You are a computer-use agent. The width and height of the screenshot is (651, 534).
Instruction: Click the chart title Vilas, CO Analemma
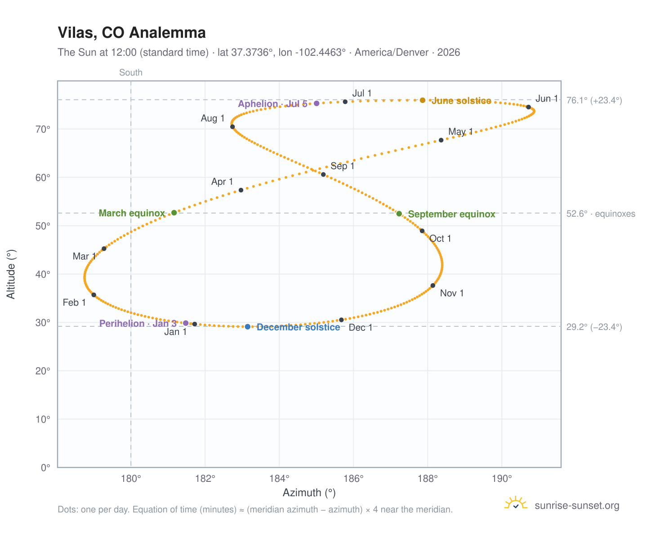pos(131,32)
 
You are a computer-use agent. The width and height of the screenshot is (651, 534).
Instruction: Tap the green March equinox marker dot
pos(174,213)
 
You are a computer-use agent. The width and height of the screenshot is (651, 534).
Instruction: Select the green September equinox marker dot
pos(399,214)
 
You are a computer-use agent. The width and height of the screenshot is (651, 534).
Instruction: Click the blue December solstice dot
pos(248,327)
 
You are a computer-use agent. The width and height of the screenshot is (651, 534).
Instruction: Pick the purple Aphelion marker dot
pos(317,103)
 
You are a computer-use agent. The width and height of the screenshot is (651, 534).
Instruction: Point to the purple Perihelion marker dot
pos(186,323)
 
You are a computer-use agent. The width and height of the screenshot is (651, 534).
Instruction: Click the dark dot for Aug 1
pos(232,127)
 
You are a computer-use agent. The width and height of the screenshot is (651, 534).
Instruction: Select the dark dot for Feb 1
pos(94,295)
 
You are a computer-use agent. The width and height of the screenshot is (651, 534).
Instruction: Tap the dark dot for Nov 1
pos(433,285)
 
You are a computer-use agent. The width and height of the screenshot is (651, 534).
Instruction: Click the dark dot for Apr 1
pos(241,190)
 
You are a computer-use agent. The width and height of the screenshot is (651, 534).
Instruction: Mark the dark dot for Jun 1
pos(528,107)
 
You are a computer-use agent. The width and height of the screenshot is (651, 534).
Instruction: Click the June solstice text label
pos(461,101)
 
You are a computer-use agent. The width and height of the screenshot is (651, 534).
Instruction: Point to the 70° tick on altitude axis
pos(43,129)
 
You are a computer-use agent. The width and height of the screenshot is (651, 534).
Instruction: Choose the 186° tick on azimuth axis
pos(353,478)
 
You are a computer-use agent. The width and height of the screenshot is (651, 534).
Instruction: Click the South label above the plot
pos(131,72)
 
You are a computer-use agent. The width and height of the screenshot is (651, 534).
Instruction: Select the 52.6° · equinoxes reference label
pos(601,214)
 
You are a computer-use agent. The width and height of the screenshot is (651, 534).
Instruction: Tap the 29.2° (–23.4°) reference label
pos(594,327)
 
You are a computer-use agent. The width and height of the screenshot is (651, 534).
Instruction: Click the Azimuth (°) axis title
pos(309,493)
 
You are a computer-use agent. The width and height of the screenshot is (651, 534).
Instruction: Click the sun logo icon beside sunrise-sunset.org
pos(516,503)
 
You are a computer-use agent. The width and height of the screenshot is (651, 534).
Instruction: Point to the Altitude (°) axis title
pos(11,274)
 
